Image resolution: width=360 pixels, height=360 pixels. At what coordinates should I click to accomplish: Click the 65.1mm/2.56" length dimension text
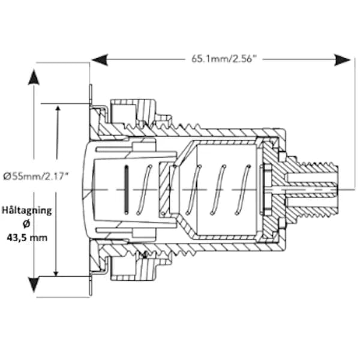pos(223,59)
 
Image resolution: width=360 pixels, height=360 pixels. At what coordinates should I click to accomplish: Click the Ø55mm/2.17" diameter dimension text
pos(36,176)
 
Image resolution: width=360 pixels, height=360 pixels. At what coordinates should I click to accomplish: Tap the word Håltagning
pos(27,211)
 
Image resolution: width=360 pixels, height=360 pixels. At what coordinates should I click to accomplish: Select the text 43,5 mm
pos(27,238)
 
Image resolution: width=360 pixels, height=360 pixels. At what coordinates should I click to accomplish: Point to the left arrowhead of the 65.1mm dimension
pos(100,59)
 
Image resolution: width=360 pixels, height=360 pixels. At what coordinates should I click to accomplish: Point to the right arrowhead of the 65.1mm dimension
pos(342,59)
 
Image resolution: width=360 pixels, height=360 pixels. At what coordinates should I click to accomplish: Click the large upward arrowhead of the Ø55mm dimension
pos(34,77)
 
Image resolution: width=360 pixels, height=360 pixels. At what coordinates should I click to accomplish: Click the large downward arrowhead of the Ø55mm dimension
pos(34,284)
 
